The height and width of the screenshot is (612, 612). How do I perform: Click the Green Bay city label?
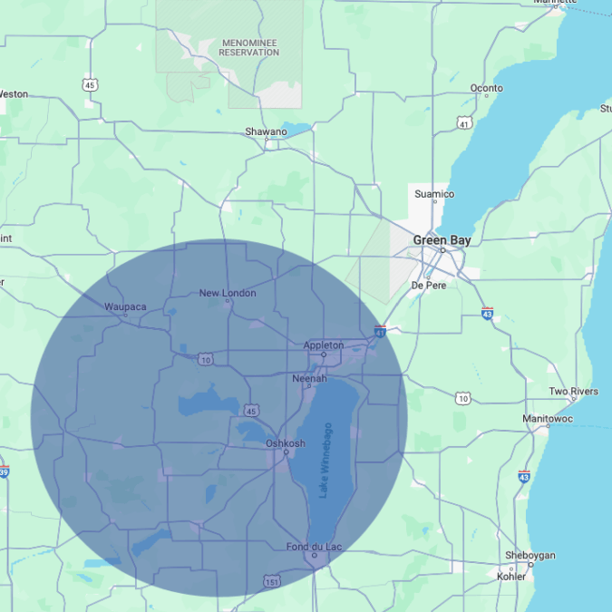click(x=442, y=240)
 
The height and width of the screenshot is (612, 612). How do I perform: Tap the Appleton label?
click(x=324, y=345)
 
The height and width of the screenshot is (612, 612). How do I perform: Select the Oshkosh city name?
click(x=285, y=443)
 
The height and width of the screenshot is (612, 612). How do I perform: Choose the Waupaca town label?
click(x=125, y=306)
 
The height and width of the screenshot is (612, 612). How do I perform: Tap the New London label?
click(x=228, y=293)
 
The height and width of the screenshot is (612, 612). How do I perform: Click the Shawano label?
click(x=266, y=131)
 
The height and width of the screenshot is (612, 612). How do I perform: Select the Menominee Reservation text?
click(x=249, y=47)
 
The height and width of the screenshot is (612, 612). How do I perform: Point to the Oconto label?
click(x=486, y=88)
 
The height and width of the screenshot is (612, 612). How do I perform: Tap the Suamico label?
click(x=434, y=194)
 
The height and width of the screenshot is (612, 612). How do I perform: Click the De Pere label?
click(x=429, y=285)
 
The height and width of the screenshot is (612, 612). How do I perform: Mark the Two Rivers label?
click(x=573, y=392)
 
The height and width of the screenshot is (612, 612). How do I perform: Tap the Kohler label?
click(x=511, y=576)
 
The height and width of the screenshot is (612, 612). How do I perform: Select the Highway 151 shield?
click(x=272, y=581)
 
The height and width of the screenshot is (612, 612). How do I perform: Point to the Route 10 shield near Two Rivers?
click(x=463, y=398)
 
